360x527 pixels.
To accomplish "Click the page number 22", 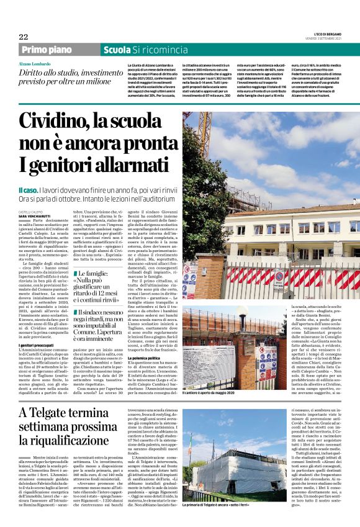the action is [x=23, y=36].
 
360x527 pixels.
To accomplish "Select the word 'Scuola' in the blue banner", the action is [x=116, y=49].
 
